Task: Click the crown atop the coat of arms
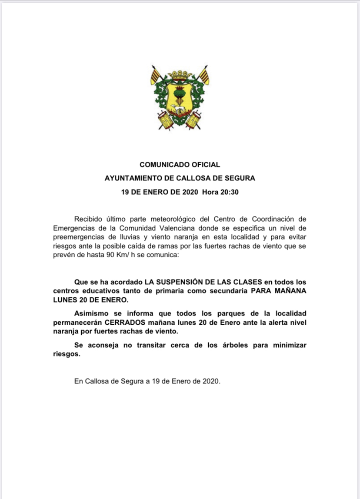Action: coord(180,74)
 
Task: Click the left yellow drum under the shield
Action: coord(164,118)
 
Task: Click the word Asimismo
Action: coord(92,313)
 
